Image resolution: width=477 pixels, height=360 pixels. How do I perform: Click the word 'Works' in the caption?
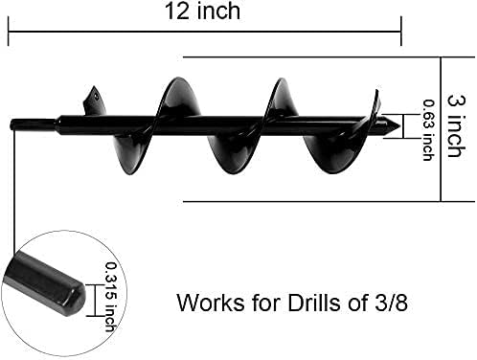(x=207, y=304)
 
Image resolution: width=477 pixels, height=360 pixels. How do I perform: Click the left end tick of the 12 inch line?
(x=9, y=35)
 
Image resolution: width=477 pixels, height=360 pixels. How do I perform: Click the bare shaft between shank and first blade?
(x=72, y=124)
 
